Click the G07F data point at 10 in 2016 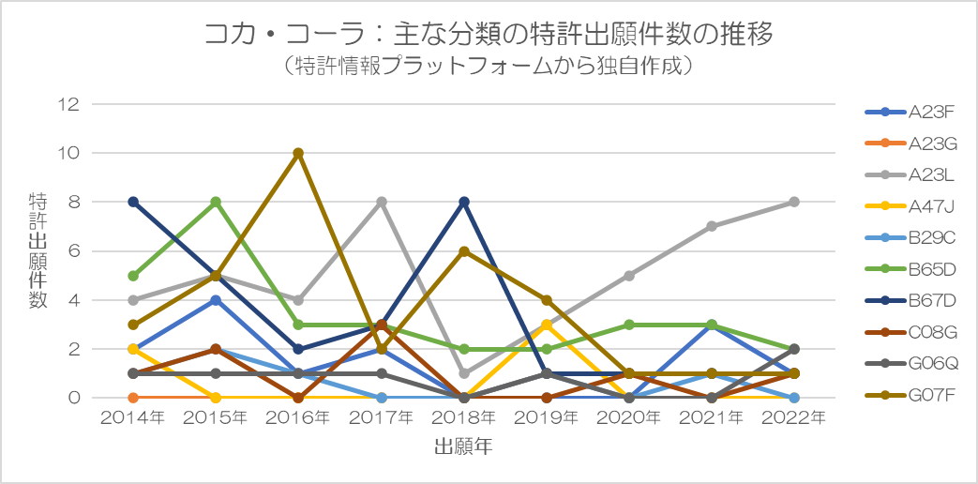298,153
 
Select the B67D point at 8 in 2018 463,202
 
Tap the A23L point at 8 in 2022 793,202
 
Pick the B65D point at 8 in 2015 216,202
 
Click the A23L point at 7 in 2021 711,226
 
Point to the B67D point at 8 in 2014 133,202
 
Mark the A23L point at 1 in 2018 463,373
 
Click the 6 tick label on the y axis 73,251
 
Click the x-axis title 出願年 463,447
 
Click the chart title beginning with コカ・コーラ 488,36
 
